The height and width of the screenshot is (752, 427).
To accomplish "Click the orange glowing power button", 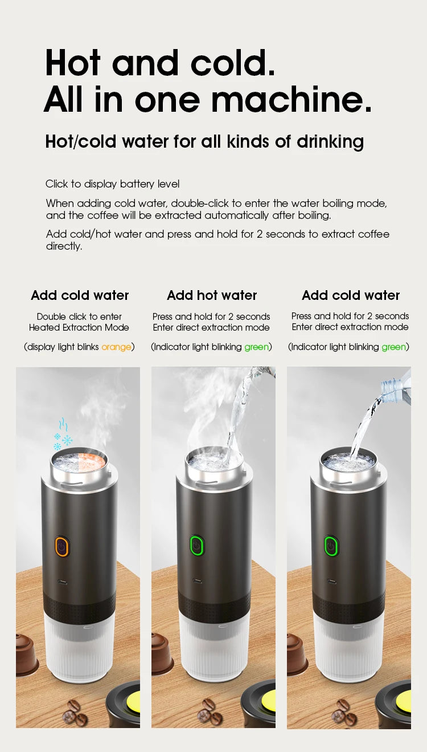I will pos(62,546).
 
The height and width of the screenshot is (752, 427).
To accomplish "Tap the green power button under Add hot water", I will pos(197,546).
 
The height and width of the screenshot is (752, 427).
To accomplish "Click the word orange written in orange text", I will pos(116,347).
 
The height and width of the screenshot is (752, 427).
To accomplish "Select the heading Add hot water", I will pos(212,295).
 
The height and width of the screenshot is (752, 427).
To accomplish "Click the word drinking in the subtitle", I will pos(330,141).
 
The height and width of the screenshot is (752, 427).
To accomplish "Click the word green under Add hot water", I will pos(256,347).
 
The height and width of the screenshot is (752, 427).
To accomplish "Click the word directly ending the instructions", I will pos(64,246).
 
